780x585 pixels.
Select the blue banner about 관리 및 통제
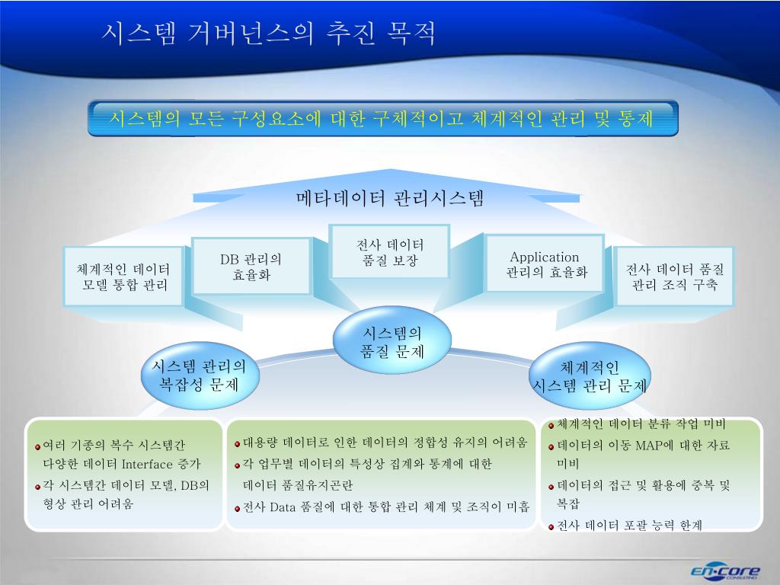pos(382,119)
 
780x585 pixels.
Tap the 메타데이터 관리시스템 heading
pos(390,200)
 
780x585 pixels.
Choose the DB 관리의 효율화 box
pos(251,267)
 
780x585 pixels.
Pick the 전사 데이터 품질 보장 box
pos(390,252)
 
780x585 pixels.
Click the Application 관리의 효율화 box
pos(545,264)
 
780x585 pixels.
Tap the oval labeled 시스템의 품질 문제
pos(392,342)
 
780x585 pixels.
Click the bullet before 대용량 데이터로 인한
pos(237,443)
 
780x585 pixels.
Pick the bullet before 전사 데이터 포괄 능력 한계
pos(551,526)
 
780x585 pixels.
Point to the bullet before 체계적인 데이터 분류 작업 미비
pos(551,425)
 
